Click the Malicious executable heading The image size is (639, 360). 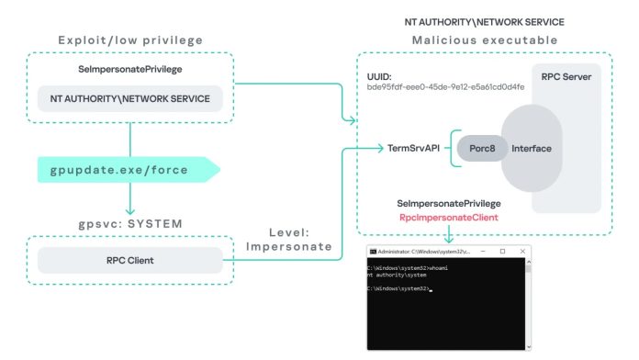coord(484,39)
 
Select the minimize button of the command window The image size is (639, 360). coord(481,251)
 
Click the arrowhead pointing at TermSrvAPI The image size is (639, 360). coord(379,148)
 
